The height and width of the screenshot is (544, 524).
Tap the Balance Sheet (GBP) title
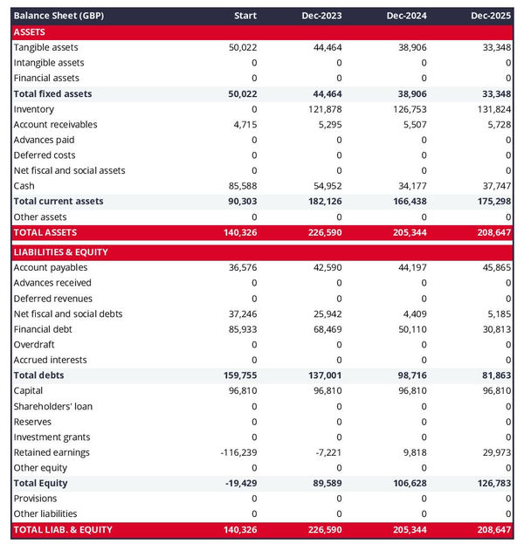(x=58, y=16)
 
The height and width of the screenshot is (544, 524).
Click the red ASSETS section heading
(x=30, y=31)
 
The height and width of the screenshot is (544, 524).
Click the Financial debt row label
(x=43, y=329)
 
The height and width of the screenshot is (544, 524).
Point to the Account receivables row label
(x=55, y=125)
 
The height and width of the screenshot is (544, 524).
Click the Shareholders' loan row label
(x=53, y=406)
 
